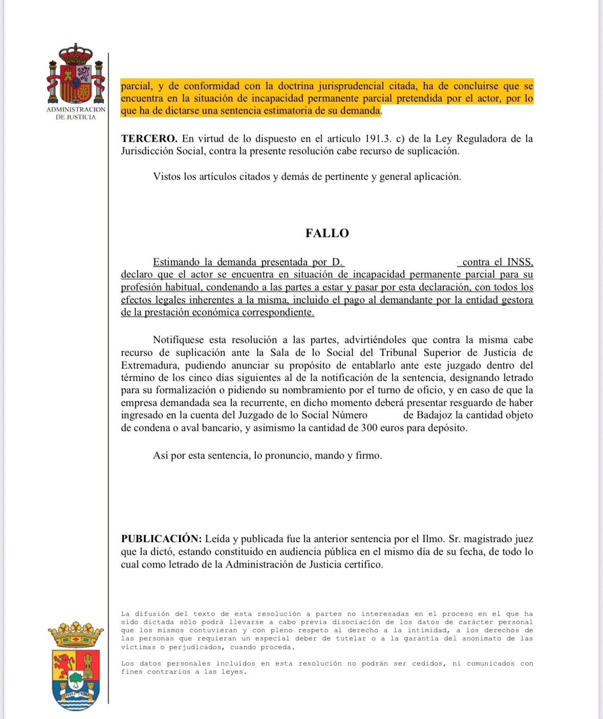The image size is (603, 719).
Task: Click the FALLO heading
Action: (327, 233)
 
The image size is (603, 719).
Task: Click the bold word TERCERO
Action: (149, 139)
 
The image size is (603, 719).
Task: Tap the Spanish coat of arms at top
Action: (76, 74)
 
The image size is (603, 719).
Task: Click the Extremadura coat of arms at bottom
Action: (76, 666)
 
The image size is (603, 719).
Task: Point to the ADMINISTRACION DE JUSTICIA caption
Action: (76, 113)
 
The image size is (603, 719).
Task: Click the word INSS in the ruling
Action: (520, 262)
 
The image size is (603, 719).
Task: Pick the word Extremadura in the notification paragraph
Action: (150, 365)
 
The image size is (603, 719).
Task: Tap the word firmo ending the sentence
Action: (368, 455)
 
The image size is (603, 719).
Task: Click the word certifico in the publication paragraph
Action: (362, 564)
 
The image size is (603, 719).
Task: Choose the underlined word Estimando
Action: (176, 262)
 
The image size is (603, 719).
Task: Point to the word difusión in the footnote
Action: (152, 614)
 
